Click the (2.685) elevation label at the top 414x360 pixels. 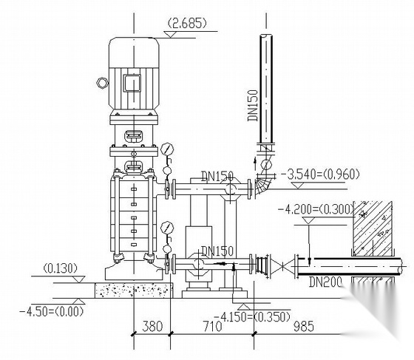coord(187,23)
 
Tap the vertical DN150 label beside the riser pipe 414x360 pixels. coord(252,106)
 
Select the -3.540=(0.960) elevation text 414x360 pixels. coord(319,174)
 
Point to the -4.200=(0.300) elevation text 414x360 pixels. coord(316,209)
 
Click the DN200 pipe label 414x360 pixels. coord(325,282)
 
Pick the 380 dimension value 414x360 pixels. coord(152,326)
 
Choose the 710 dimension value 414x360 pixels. coord(213,326)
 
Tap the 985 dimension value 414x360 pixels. coord(304,326)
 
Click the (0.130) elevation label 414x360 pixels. coord(61,268)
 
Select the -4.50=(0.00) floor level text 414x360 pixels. coord(52,312)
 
